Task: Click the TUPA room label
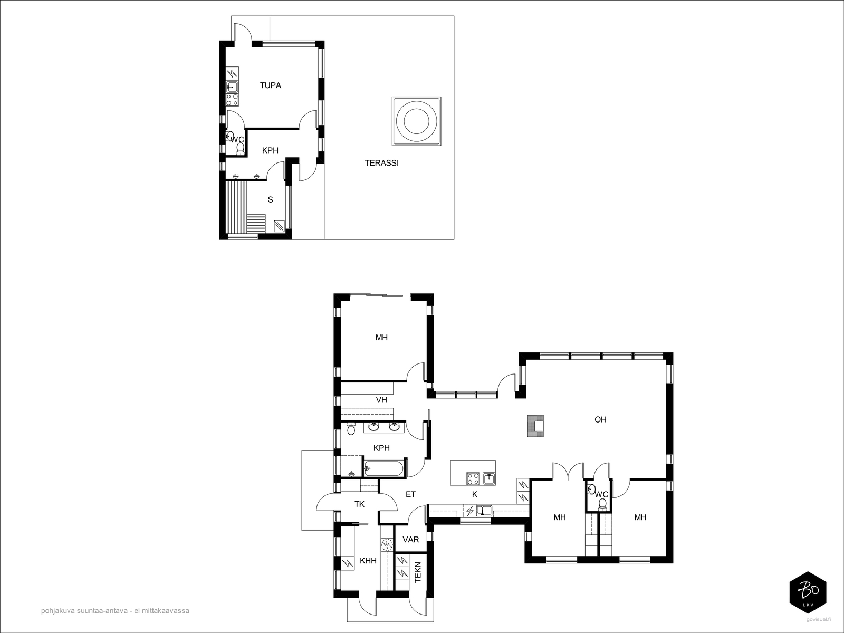(270, 85)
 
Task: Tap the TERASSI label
(381, 163)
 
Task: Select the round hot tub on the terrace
(416, 121)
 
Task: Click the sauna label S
(270, 200)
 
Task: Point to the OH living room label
(600, 420)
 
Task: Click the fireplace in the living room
(535, 426)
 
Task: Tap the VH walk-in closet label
(381, 400)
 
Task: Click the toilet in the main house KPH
(351, 428)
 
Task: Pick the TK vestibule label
(359, 504)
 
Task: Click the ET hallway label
(410, 495)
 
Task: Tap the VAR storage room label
(410, 540)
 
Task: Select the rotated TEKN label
(418, 572)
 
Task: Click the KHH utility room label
(368, 561)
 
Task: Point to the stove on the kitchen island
(473, 478)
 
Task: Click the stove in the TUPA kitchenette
(232, 100)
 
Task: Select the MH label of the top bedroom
(381, 338)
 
